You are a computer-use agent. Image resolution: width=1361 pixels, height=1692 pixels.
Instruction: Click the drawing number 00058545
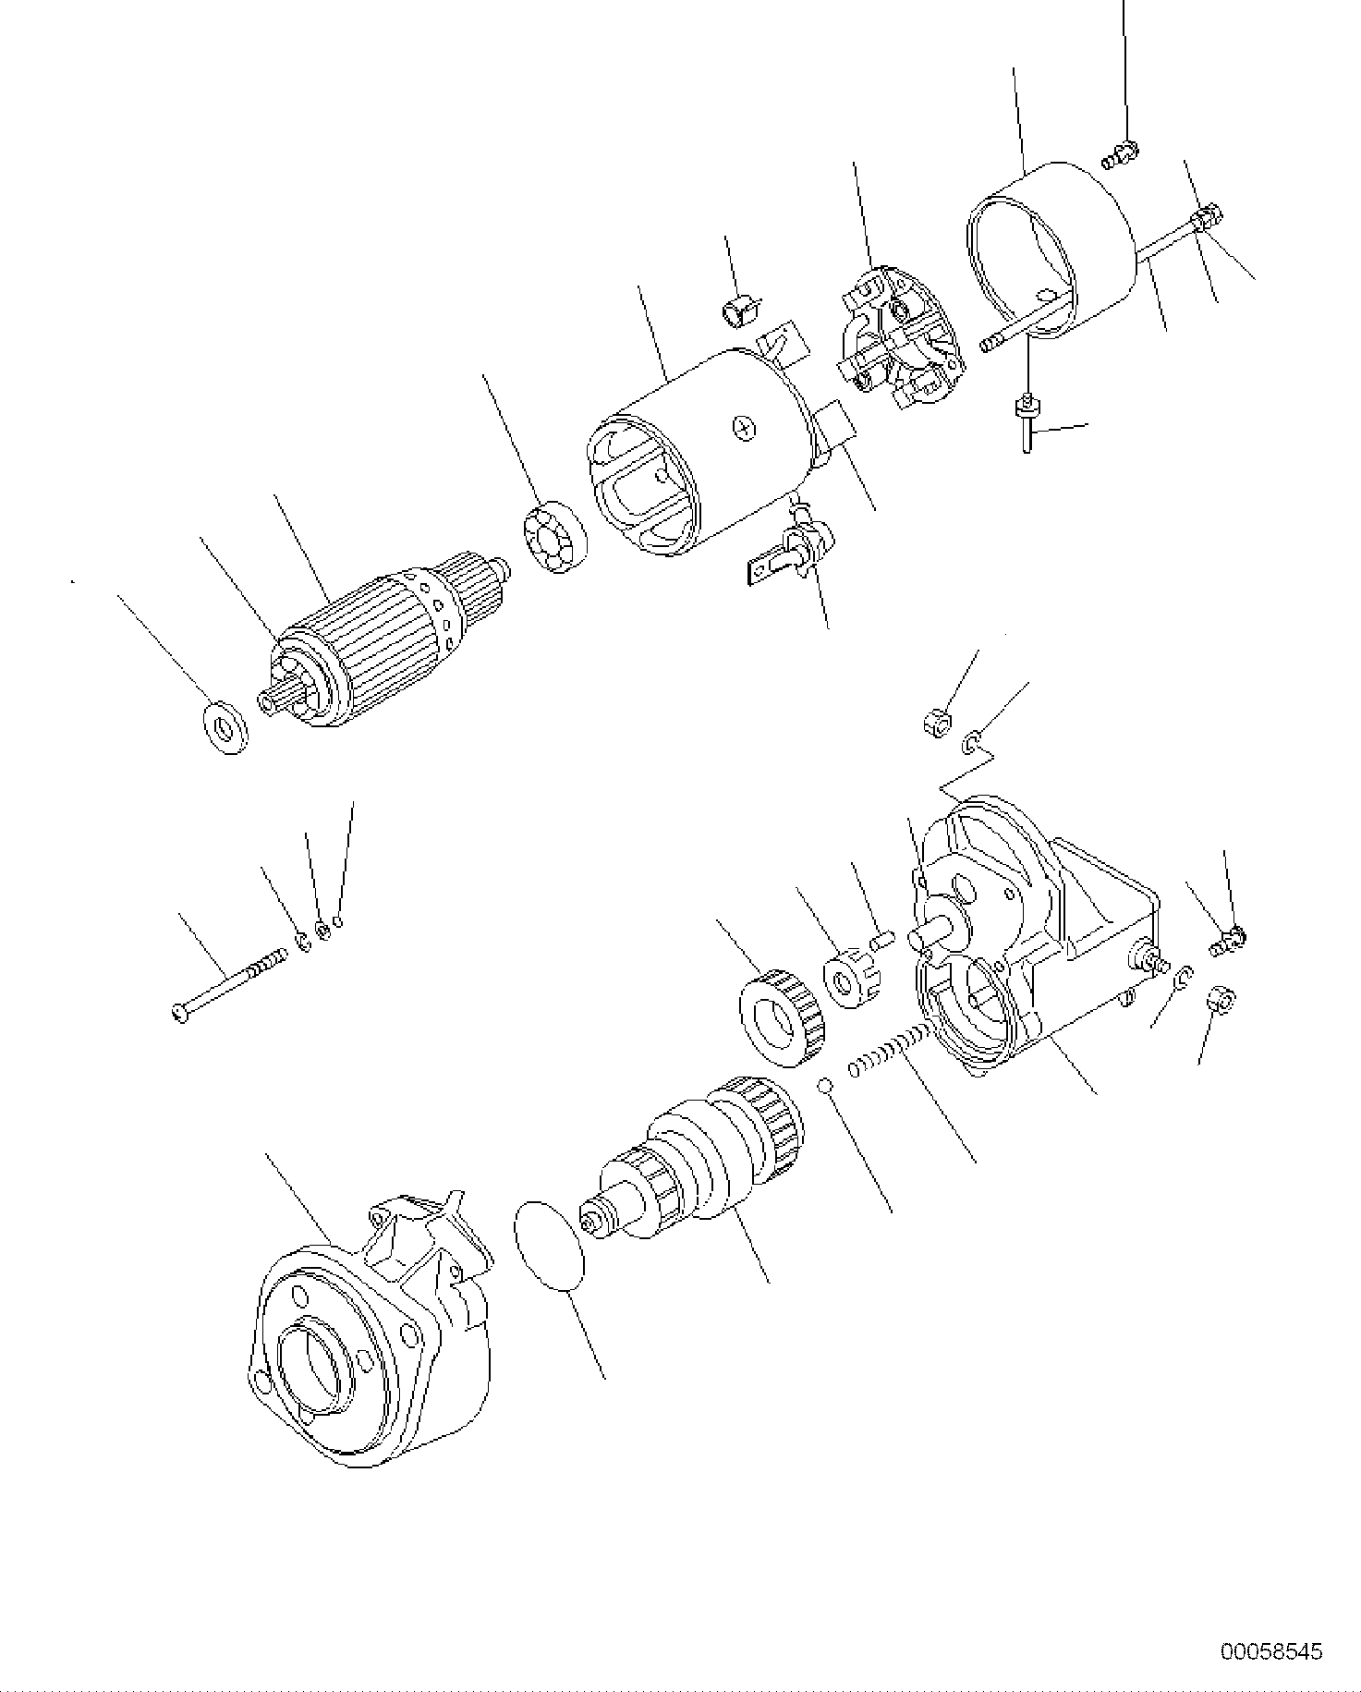click(1271, 1651)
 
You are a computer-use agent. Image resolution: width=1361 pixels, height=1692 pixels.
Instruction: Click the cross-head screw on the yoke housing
click(746, 427)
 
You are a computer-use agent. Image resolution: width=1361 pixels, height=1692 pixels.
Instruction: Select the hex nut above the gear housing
click(935, 721)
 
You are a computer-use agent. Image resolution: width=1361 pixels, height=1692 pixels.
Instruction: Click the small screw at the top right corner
click(1121, 154)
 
